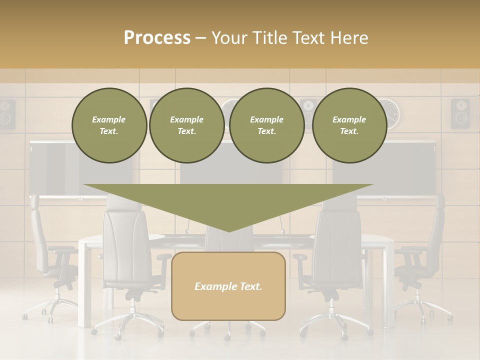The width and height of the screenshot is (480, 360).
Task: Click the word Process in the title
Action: click(157, 38)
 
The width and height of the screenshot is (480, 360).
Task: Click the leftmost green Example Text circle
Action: click(109, 125)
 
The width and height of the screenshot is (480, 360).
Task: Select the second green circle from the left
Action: click(186, 125)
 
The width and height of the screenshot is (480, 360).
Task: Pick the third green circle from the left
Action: click(266, 125)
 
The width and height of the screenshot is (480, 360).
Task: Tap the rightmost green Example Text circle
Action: click(349, 125)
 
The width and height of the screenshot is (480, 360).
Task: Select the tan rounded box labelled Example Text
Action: click(228, 286)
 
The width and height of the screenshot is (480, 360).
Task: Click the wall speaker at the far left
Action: click(6, 113)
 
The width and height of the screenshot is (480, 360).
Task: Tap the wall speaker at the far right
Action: click(460, 113)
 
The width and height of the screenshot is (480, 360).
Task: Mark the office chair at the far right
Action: click(422, 255)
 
